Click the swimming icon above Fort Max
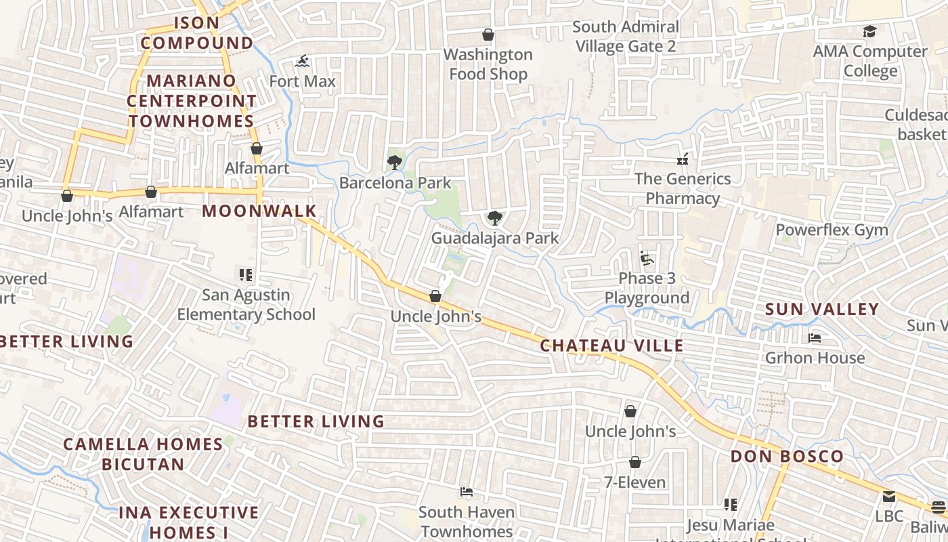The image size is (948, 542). tap(302, 62)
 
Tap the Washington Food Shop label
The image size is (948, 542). tap(488, 64)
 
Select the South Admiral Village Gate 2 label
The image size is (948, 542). tap(625, 37)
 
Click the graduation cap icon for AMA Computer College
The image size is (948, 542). tap(869, 32)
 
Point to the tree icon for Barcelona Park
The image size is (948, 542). tap(394, 163)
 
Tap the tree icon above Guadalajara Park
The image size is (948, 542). tap(495, 218)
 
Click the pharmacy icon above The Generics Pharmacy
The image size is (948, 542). tap(683, 160)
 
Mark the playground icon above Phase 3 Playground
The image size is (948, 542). tap(647, 258)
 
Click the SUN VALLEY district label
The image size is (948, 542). tap(822, 310)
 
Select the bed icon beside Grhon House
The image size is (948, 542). tap(815, 337)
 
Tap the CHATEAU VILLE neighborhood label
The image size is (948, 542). tap(611, 346)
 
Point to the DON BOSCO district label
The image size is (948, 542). tap(787, 456)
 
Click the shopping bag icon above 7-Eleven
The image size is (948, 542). tap(635, 463)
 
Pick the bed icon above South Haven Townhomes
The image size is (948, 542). tap(466, 492)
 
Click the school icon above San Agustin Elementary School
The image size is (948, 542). tap(246, 275)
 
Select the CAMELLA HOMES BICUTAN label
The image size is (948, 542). tap(143, 454)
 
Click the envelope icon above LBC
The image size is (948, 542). tap(888, 497)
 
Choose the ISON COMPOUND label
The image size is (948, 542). tap(196, 33)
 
